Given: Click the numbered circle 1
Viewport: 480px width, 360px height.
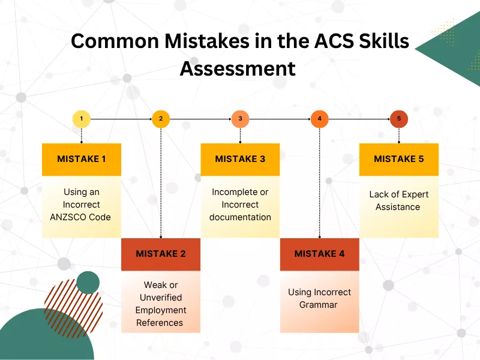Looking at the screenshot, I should coord(82,119).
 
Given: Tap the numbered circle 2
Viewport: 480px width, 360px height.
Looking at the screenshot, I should coord(161,119).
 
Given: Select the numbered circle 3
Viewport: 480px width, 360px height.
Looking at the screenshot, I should coord(240,119).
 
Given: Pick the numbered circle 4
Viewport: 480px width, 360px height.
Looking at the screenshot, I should coord(320,119).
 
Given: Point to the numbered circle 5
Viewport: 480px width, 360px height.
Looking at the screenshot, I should coord(399,119).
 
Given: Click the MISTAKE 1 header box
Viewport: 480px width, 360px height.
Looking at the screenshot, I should coord(82,159).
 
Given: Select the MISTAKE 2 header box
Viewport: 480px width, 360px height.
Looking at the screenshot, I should coord(161,254).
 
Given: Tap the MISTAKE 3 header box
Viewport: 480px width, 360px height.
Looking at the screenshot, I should coord(240,159).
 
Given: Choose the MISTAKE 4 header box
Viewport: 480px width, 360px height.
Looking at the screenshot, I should coord(320,254).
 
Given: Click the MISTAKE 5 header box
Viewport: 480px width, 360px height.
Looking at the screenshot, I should coord(399,159).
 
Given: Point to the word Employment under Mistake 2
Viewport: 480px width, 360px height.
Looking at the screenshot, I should coord(161,310).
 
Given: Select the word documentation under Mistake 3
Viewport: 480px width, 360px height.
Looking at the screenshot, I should coord(240,217).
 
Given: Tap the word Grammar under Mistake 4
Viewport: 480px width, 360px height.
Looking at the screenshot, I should coord(319,305).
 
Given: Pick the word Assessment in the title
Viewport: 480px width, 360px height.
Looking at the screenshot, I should coord(238,68).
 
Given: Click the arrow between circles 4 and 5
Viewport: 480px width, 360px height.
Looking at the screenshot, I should coord(359,119).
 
